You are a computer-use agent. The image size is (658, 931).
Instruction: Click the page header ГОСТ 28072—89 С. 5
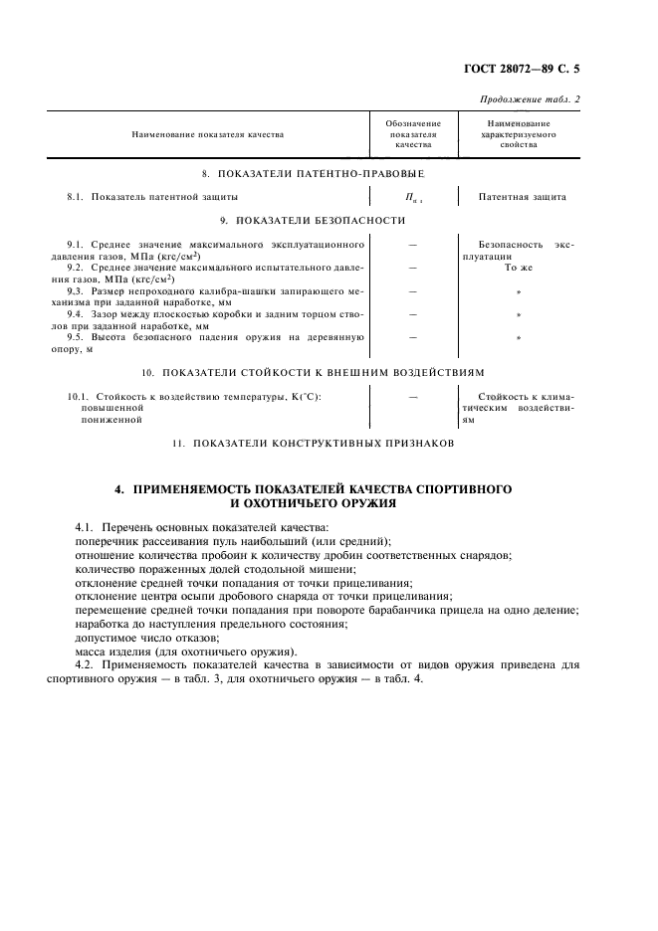pos(534,70)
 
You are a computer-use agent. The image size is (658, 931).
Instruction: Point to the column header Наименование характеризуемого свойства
pos(519,133)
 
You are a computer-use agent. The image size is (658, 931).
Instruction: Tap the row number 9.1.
pos(75,244)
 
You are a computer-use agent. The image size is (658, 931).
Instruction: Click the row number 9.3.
pos(75,290)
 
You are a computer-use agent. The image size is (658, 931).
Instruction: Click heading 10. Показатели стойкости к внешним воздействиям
pos(313,372)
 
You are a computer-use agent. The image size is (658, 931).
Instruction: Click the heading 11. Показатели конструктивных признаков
pos(313,444)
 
